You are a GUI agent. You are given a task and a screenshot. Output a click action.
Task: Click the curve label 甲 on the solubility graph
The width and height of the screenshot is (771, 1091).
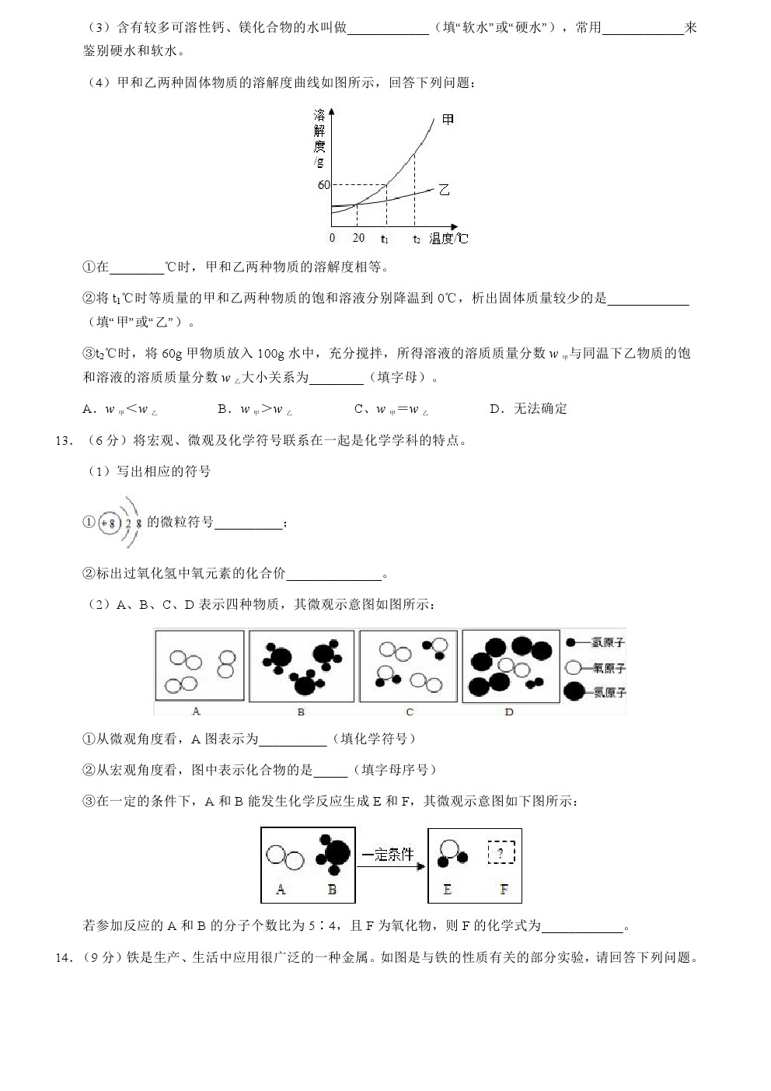point(448,120)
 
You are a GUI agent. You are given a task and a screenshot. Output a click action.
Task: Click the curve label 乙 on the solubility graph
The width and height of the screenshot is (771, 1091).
point(444,190)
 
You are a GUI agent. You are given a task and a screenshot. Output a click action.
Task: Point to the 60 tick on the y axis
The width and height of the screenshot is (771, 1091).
point(323,185)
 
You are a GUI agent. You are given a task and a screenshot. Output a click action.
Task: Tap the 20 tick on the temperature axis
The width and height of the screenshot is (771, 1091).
point(358,238)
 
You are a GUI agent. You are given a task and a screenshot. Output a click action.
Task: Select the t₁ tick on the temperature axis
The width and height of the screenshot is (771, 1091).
point(385,239)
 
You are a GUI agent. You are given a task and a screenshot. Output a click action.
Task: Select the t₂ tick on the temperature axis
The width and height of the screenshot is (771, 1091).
point(417,239)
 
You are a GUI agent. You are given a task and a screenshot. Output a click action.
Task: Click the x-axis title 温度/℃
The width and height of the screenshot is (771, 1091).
point(449,239)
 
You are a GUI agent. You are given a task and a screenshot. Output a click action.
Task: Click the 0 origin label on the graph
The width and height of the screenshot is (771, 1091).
point(332,238)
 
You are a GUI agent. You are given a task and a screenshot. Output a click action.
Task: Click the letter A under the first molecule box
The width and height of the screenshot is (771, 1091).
point(196,711)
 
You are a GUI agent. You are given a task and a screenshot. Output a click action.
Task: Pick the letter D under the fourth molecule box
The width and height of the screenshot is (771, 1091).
point(509,711)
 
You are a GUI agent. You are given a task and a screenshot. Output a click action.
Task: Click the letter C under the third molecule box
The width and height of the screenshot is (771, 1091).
point(409,711)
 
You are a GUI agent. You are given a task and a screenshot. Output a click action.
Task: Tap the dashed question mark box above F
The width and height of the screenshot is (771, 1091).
point(501,855)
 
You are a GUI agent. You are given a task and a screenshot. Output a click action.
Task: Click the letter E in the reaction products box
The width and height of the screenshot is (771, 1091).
point(447,890)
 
